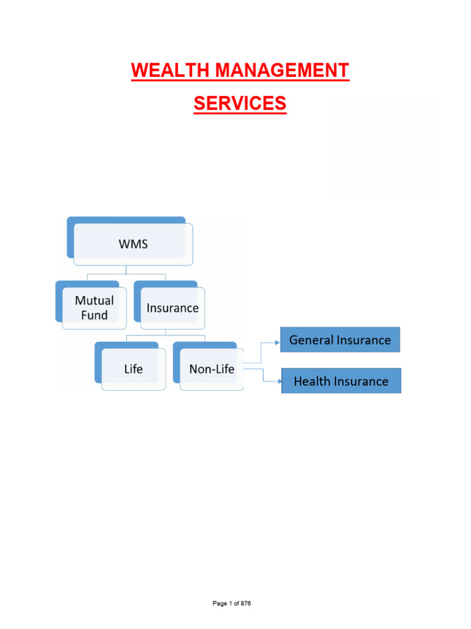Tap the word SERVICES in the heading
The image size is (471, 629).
pyautogui.click(x=240, y=104)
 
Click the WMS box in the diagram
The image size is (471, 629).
pyautogui.click(x=133, y=244)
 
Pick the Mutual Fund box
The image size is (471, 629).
pyautogui.click(x=94, y=308)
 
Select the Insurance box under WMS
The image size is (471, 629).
pyautogui.click(x=172, y=308)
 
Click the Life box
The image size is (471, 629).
pyautogui.click(x=133, y=369)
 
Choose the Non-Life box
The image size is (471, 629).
pyautogui.click(x=212, y=369)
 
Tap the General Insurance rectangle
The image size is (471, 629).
pyautogui.click(x=340, y=340)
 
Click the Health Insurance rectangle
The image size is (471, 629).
pyautogui.click(x=341, y=381)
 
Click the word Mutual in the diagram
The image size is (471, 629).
pyautogui.click(x=94, y=300)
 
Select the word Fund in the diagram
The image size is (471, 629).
pyautogui.click(x=94, y=315)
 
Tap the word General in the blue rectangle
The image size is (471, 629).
pyautogui.click(x=311, y=340)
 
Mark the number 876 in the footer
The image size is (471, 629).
pyautogui.click(x=245, y=603)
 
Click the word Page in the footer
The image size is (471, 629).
pyautogui.click(x=220, y=603)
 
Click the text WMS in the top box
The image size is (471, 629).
pyautogui.click(x=133, y=244)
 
